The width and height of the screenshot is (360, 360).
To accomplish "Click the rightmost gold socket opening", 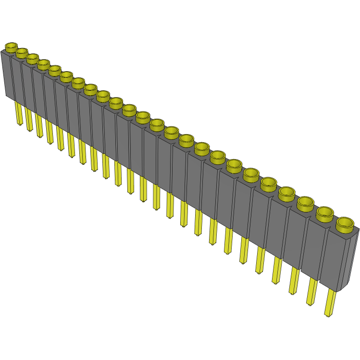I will click(x=345, y=224).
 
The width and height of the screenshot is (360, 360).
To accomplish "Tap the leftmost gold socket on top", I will click(x=11, y=47).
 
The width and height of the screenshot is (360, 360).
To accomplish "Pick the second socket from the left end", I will click(x=22, y=52).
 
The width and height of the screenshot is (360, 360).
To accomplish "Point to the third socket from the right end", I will click(x=306, y=203).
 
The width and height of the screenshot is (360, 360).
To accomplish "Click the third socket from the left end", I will click(x=32, y=58).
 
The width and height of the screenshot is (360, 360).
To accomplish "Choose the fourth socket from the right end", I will click(x=287, y=194).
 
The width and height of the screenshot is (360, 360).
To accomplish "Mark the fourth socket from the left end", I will click(x=43, y=64).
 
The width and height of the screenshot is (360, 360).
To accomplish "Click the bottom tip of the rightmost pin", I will click(x=328, y=315).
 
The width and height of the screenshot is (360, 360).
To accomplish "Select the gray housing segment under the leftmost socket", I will click(x=8, y=74).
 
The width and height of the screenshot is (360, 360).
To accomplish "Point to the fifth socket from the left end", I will click(x=54, y=70).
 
